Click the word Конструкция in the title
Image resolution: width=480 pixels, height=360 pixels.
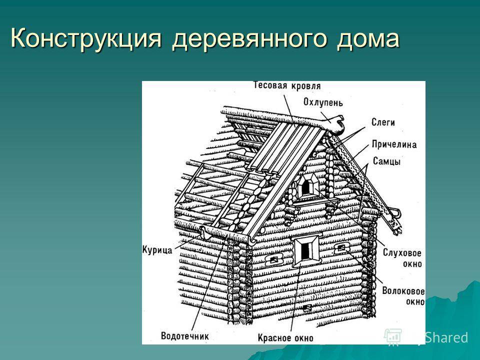(86, 38)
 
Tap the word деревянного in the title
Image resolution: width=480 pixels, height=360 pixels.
(249, 39)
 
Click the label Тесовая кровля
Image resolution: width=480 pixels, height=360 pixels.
(287, 85)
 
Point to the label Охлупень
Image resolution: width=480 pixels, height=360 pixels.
(323, 102)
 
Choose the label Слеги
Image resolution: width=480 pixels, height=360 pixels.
(383, 122)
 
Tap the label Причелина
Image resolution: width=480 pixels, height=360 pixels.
(394, 144)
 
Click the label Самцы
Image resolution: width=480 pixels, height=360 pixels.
(386, 161)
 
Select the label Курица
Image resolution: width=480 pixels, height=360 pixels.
(157, 249)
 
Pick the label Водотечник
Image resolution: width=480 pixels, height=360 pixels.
(184, 336)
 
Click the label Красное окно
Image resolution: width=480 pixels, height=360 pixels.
(285, 337)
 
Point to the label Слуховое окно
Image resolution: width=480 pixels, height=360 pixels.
(402, 258)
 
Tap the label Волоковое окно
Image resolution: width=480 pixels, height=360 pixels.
(403, 296)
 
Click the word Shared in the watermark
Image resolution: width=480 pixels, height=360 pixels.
(446, 337)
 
